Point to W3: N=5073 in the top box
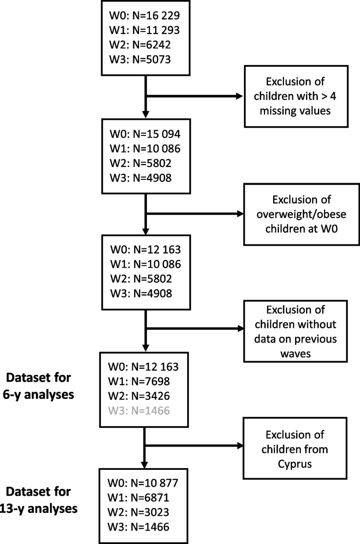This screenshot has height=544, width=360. [x=141, y=59]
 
